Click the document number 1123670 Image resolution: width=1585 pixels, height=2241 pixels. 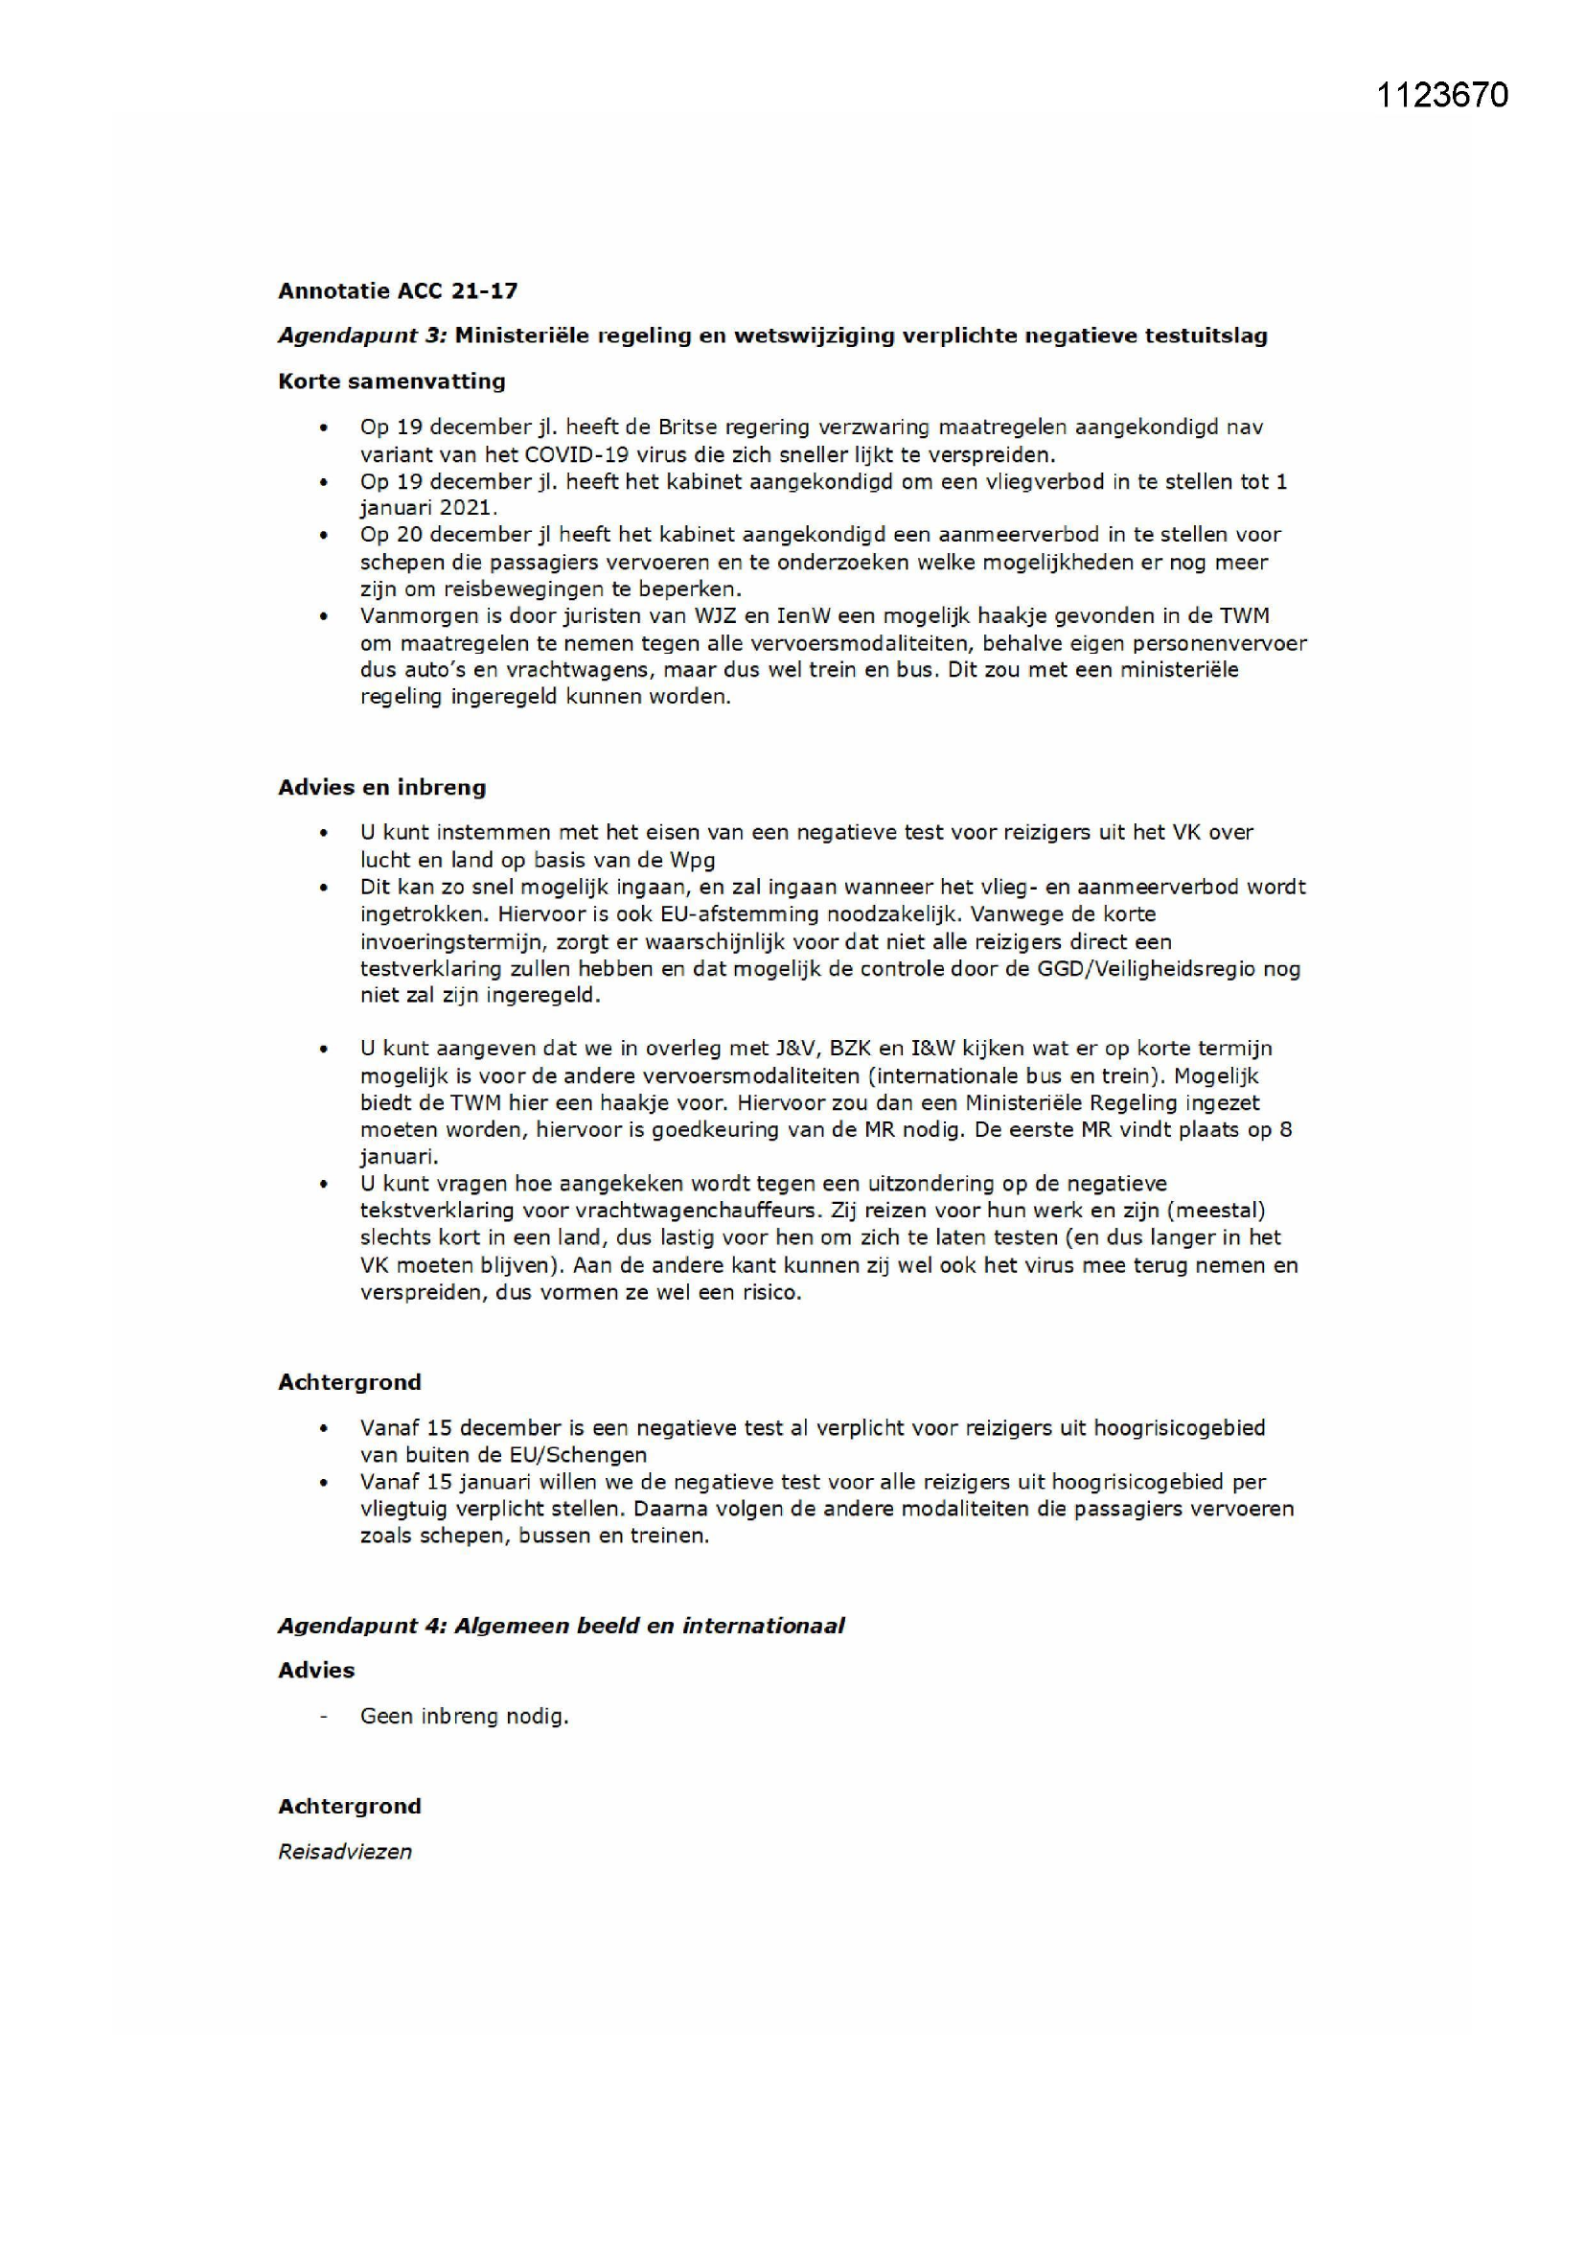[x=1441, y=95]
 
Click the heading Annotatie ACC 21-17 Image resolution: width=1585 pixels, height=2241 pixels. [x=398, y=290]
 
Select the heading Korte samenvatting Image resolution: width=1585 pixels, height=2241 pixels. [x=391, y=381]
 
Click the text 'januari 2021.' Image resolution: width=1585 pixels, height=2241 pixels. [x=428, y=508]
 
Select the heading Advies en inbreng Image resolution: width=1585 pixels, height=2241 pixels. [x=381, y=788]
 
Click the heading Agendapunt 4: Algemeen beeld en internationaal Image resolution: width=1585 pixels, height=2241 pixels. [x=562, y=1625]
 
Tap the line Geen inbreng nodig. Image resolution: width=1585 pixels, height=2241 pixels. [x=464, y=1716]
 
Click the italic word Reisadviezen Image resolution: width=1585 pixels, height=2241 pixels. [x=345, y=1852]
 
